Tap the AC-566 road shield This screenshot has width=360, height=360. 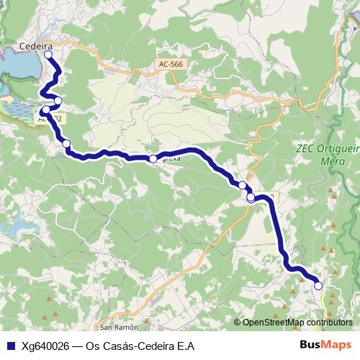coord(170,65)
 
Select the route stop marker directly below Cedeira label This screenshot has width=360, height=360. coord(48,54)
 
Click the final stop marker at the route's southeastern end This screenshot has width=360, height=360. coord(318,286)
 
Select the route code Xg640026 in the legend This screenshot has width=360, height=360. coord(46,346)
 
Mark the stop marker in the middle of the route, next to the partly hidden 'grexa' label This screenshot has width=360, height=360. coord(153,158)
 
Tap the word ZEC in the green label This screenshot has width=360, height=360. coord(305,150)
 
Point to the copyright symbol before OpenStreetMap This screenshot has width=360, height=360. coord(238,322)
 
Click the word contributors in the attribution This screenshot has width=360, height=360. coord(329,322)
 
